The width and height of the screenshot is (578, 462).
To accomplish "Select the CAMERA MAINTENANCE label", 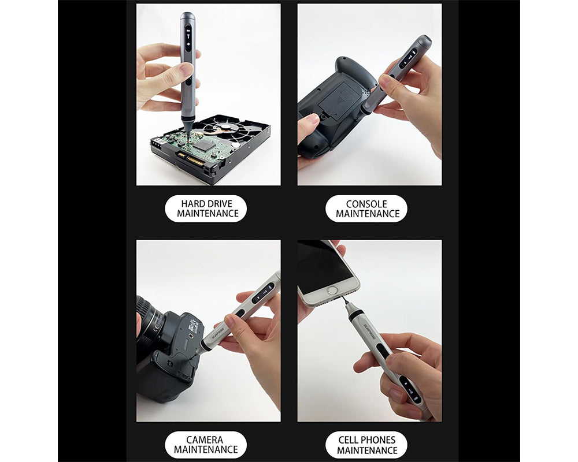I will (205, 445).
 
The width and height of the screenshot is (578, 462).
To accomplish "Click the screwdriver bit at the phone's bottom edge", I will (344, 301).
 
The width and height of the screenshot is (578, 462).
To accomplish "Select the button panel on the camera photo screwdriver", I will (264, 292).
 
